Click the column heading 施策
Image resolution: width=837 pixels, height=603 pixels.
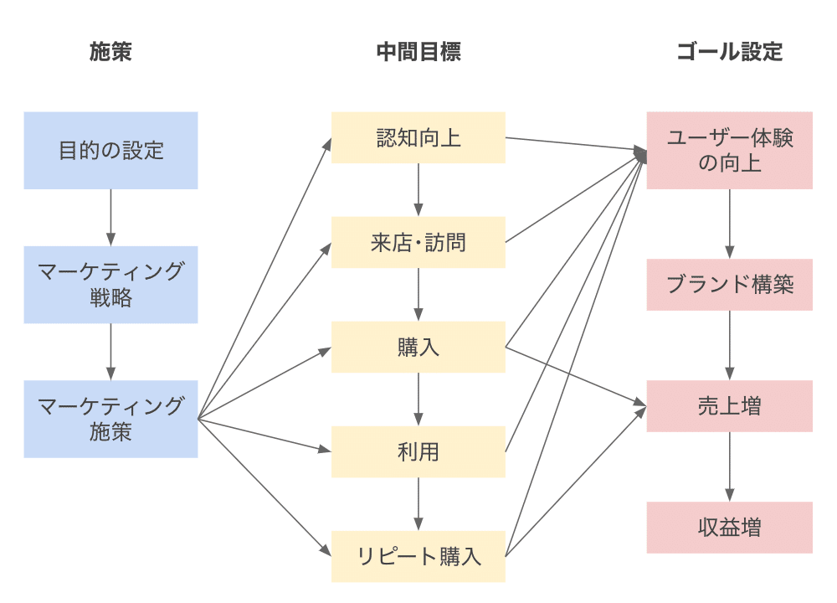pos(110,52)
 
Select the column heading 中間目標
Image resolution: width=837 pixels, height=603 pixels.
pos(418,52)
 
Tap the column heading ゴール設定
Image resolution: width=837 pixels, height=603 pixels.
pos(729,52)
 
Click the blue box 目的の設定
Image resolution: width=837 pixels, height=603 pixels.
pos(110,151)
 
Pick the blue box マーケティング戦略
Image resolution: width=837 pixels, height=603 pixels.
pos(110,285)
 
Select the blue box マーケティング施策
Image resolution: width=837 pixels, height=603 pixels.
pos(110,419)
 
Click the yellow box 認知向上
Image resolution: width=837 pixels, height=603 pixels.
pos(418,137)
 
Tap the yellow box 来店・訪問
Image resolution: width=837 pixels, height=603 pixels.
pos(418,242)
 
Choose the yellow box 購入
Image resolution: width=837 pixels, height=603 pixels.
pos(418,347)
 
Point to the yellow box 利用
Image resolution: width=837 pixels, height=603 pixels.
pos(418,451)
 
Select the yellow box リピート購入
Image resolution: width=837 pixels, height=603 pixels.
pos(418,556)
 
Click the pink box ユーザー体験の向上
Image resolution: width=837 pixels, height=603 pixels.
pos(729,151)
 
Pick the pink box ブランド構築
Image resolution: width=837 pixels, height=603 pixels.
pos(729,285)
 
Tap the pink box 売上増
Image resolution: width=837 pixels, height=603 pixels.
pos(729,406)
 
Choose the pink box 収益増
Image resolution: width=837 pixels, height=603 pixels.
pos(729,528)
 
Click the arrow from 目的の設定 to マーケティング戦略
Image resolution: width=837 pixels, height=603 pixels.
pos(110,218)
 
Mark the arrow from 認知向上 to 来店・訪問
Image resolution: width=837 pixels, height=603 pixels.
pos(418,190)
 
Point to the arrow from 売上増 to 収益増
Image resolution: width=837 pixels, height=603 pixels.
pos(729,466)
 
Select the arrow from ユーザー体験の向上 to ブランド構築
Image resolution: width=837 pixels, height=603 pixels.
pos(729,224)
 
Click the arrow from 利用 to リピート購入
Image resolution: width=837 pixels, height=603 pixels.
pos(418,504)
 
